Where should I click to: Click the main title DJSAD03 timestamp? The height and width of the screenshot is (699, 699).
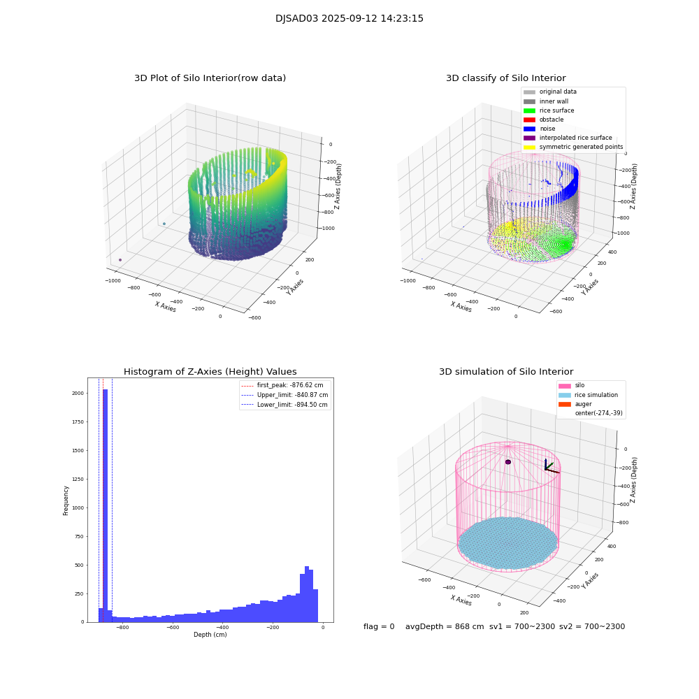point(349,19)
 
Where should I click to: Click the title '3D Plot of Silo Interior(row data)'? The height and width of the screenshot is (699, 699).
point(210,78)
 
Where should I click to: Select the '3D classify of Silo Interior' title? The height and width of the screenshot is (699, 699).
point(505,78)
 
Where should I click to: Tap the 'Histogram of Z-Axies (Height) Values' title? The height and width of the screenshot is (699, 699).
point(210,372)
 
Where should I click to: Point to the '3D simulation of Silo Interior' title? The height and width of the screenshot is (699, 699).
point(505,372)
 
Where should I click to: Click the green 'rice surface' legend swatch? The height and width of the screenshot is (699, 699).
point(529,110)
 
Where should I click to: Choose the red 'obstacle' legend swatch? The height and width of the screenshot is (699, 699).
point(529,120)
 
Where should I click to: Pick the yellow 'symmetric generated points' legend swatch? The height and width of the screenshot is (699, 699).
point(529,147)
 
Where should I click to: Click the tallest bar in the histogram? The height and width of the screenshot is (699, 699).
point(105,503)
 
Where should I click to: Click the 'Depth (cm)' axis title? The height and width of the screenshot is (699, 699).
point(210,635)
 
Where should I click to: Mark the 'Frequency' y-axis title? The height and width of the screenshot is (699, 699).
point(66,500)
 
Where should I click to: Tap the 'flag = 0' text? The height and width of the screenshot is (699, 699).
point(379,627)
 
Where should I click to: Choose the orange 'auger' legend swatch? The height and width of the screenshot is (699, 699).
point(564,404)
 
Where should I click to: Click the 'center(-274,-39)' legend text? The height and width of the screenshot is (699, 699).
point(598,413)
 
